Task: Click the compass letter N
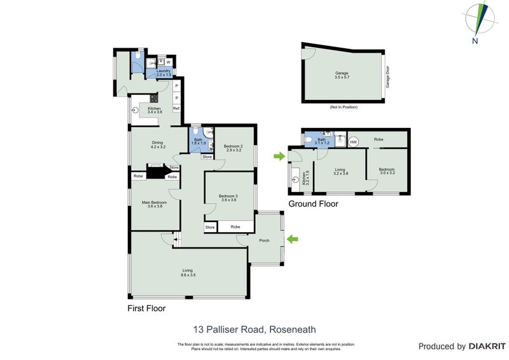pyautogui.click(x=475, y=41)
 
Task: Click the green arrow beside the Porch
pyautogui.click(x=292, y=239)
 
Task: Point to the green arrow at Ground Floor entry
pyautogui.click(x=278, y=156)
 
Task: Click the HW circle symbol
pyautogui.click(x=354, y=141)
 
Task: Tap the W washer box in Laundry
pyautogui.click(x=169, y=62)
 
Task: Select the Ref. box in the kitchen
pyautogui.click(x=176, y=109)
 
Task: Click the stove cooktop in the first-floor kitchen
pyautogui.click(x=153, y=99)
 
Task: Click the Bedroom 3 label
pyautogui.click(x=228, y=197)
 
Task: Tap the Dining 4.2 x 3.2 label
pyautogui.click(x=158, y=144)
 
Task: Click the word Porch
pyautogui.click(x=263, y=240)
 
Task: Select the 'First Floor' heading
pyautogui.click(x=147, y=308)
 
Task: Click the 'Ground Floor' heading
pyautogui.click(x=313, y=204)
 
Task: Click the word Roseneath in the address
pyautogui.click(x=293, y=329)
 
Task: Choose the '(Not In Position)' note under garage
pyautogui.click(x=344, y=107)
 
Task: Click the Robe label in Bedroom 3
pyautogui.click(x=235, y=226)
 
